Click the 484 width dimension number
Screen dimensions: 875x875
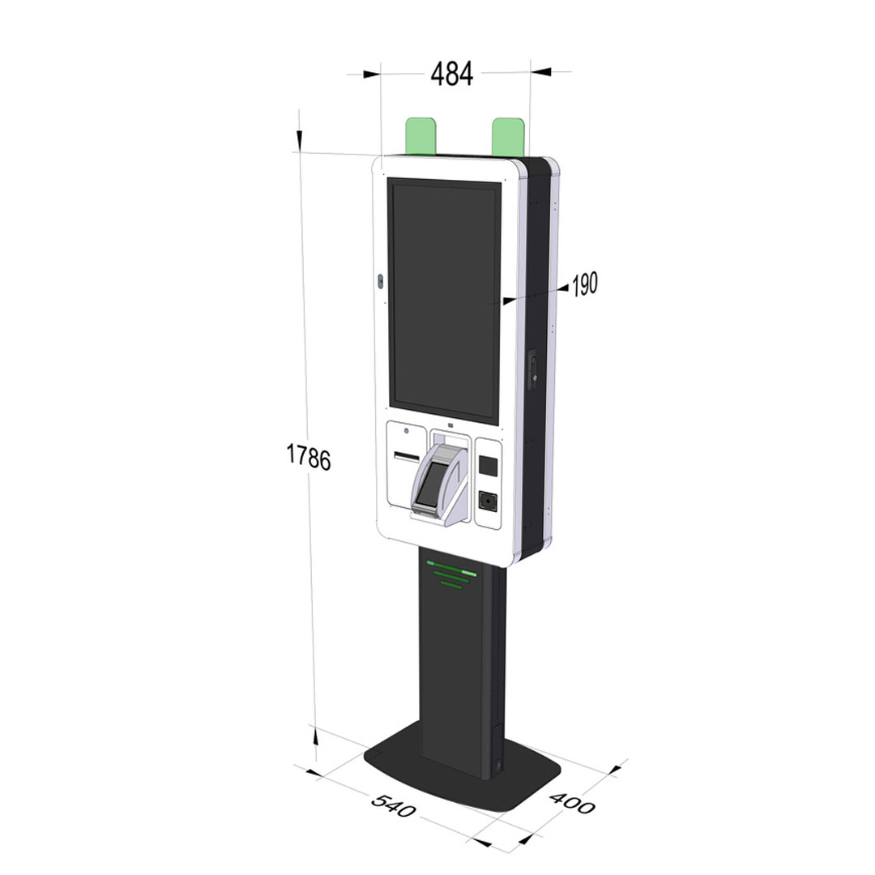click(x=452, y=74)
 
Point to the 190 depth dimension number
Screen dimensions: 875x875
click(x=585, y=284)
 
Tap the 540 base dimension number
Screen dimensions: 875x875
click(x=394, y=805)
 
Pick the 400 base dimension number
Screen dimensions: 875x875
click(x=573, y=802)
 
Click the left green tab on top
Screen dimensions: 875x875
click(x=420, y=135)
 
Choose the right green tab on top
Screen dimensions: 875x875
click(x=508, y=137)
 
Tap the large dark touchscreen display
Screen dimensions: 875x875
click(x=444, y=301)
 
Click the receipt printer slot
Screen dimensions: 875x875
click(x=407, y=457)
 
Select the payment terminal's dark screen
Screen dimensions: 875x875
click(x=430, y=481)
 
